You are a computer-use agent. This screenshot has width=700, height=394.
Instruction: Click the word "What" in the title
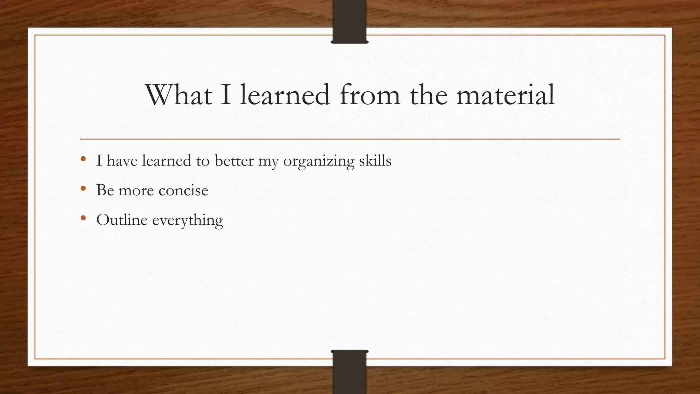[179, 95]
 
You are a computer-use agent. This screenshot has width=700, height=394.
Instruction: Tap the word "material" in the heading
[506, 95]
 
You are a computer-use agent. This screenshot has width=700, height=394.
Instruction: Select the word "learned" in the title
[285, 95]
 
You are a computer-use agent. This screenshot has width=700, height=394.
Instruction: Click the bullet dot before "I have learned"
[83, 159]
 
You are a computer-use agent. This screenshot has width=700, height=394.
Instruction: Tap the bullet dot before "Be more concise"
[83, 188]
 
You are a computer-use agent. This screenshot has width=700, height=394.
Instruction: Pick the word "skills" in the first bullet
[375, 160]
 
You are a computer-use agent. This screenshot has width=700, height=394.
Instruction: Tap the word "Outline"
[122, 220]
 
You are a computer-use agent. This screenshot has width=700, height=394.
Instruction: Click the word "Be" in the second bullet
[105, 190]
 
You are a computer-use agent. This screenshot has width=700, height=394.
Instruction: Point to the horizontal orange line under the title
[350, 139]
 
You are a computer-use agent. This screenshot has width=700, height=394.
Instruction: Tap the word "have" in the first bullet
[122, 160]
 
